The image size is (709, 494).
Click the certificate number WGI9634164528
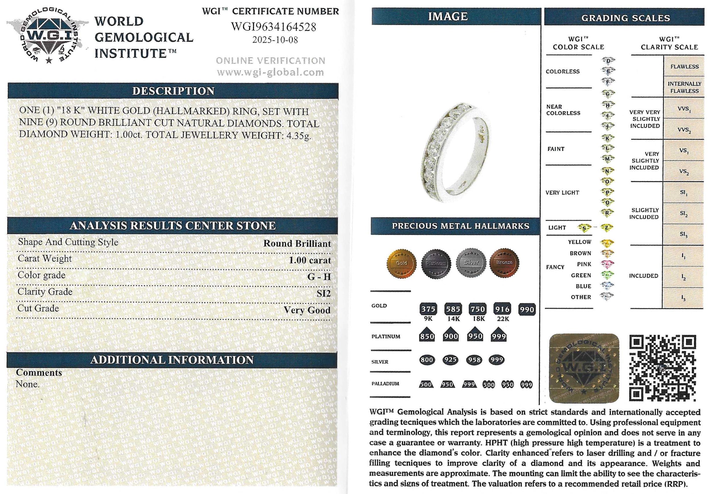tap(274, 27)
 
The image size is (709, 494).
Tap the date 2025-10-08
tap(275, 40)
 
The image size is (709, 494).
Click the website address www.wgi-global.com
tap(270, 72)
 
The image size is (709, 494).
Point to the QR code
tap(663, 368)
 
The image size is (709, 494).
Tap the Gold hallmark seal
tap(401, 263)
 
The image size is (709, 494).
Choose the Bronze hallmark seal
tap(504, 262)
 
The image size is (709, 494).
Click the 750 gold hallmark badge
tap(478, 309)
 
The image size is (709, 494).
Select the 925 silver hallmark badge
tap(451, 360)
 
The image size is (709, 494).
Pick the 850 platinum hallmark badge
tap(427, 336)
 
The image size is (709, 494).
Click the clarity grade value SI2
tap(324, 293)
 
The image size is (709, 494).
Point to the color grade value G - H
tap(319, 277)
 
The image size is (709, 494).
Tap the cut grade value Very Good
tap(307, 310)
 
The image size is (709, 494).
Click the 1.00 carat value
tap(310, 260)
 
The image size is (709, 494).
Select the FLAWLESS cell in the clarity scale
tap(684, 67)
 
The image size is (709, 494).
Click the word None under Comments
tap(27, 385)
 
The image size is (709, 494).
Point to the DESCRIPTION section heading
tap(173, 91)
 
